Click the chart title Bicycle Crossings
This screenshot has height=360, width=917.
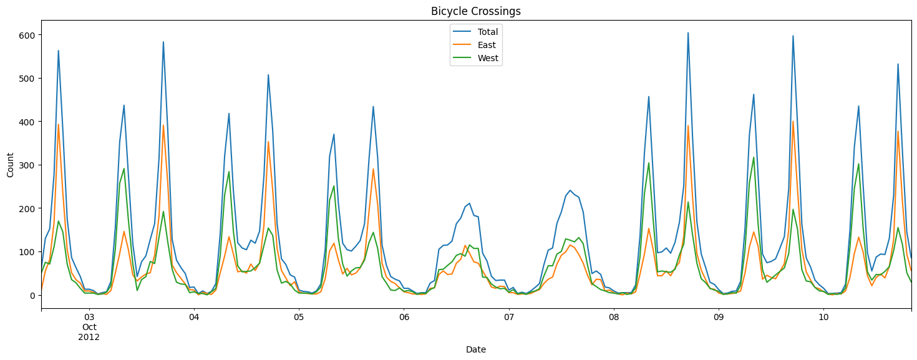coord(475,11)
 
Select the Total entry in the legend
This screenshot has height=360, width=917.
coord(487,32)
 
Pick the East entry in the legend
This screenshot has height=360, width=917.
coord(486,46)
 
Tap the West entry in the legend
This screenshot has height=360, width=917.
coord(487,59)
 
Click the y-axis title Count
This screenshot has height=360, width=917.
coord(11,165)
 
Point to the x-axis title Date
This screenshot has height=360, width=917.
coord(475,350)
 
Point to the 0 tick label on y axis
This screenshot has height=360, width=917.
coord(31,295)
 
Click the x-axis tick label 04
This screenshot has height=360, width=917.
coord(193,317)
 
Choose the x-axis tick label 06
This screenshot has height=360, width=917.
coord(404,317)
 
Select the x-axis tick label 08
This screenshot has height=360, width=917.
coord(614,317)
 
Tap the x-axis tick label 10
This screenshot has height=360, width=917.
coord(823,317)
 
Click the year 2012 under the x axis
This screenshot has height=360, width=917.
coord(89,337)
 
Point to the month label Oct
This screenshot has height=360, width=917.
coord(89,327)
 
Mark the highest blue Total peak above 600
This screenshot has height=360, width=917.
coord(688,33)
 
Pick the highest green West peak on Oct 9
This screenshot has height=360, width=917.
coord(754,157)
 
